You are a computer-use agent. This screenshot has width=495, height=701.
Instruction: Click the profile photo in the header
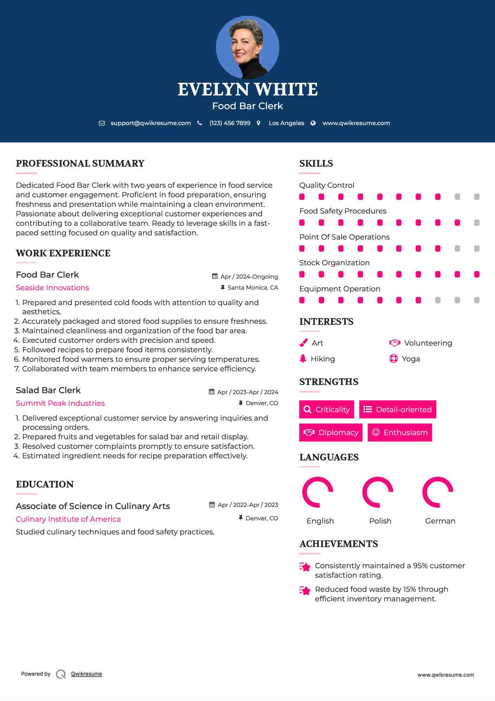[x=247, y=47]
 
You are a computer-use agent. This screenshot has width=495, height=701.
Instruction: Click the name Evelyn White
[x=247, y=89]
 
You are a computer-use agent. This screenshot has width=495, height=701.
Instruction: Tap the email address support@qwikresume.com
[x=151, y=123]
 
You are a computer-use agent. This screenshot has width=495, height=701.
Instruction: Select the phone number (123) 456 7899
[x=230, y=123]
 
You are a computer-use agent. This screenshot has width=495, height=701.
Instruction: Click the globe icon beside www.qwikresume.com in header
[x=313, y=123]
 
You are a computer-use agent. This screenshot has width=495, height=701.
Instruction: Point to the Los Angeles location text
[x=286, y=123]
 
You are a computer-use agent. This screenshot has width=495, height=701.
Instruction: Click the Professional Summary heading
[x=80, y=163]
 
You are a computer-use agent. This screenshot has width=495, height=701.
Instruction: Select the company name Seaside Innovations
[x=52, y=288]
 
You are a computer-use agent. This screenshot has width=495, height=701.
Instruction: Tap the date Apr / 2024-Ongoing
[x=249, y=277]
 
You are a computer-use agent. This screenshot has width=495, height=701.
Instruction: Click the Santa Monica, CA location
[x=253, y=287]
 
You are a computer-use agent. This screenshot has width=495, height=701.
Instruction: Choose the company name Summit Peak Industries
[x=60, y=403]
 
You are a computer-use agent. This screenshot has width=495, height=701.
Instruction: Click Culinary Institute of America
[x=68, y=519]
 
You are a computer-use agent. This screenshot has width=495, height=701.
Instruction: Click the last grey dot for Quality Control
[x=477, y=197]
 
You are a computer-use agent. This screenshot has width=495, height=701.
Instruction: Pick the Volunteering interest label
[x=428, y=343]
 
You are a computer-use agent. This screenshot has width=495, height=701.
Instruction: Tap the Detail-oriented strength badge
[x=398, y=409]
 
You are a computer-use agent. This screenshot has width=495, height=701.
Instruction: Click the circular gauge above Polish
[x=377, y=492]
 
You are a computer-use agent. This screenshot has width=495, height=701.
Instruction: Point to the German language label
[x=440, y=521]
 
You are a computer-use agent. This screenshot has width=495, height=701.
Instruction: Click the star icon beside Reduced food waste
[x=305, y=590]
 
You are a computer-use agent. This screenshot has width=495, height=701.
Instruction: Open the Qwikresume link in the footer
[x=87, y=674]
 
